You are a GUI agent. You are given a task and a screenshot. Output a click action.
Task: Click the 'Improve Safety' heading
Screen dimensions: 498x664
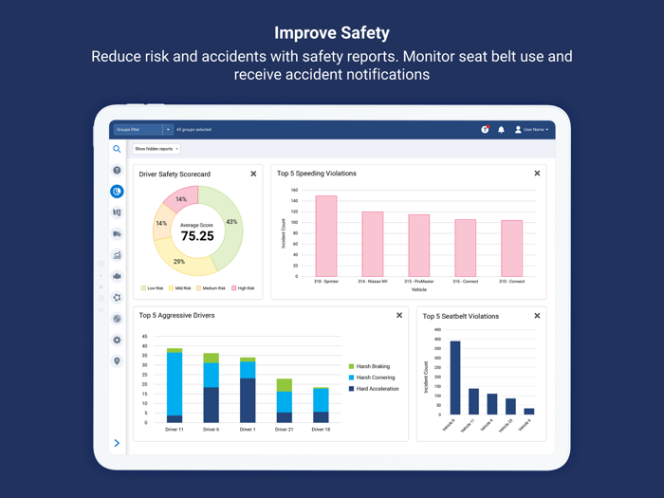[332, 33]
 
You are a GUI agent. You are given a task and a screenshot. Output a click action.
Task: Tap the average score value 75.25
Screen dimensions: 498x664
[197, 236]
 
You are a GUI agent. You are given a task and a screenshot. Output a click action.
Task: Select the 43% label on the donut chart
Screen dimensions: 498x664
[231, 222]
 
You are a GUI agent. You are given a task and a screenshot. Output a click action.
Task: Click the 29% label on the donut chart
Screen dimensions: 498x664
[179, 261]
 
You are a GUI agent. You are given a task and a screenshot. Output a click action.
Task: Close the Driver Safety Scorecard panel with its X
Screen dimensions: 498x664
[253, 175]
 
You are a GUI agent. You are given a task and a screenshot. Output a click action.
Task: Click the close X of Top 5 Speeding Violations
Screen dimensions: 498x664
[537, 174]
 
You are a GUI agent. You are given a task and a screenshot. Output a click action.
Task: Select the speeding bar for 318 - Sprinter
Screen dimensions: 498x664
[326, 236]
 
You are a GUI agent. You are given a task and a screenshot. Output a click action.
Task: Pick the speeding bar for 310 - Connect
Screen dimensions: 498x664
[511, 249]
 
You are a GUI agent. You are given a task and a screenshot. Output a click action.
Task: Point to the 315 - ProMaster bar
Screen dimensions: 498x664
[419, 246]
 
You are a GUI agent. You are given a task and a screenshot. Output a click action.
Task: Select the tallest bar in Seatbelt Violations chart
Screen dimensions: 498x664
[455, 378]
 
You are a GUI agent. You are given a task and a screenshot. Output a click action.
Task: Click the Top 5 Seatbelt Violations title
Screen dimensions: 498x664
[460, 316]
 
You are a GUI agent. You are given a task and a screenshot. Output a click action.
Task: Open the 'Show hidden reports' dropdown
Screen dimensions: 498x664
[156, 149]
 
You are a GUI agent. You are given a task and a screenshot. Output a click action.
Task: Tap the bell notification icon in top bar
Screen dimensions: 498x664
[501, 130]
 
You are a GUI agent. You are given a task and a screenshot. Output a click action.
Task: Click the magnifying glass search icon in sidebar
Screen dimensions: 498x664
[118, 149]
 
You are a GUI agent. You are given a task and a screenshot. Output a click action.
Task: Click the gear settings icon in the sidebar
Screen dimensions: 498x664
[118, 340]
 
